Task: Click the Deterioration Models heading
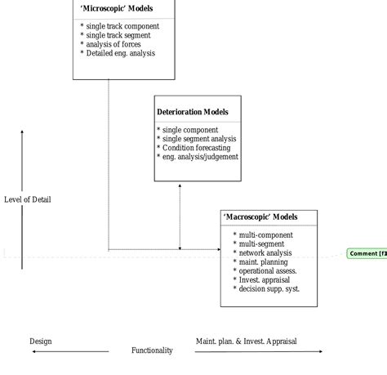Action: click(193, 112)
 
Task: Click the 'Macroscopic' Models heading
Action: click(260, 217)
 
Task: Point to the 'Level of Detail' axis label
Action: click(27, 199)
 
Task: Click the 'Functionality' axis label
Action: click(153, 350)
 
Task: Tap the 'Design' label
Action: click(41, 341)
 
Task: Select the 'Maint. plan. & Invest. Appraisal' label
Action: click(247, 341)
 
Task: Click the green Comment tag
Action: click(367, 253)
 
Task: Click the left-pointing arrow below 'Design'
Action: click(69, 351)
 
